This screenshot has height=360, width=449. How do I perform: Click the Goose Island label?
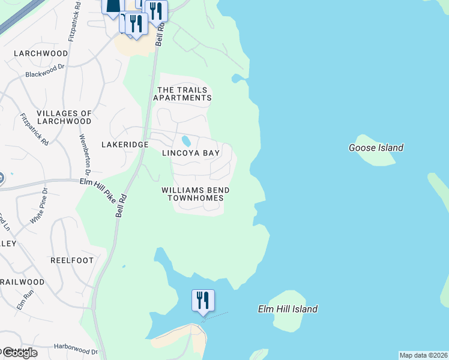376,148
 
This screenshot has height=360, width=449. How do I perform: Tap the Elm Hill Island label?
288,310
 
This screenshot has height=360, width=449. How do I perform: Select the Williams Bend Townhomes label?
196,194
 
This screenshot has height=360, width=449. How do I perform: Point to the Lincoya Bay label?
191,154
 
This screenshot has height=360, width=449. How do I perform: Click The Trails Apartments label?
184,94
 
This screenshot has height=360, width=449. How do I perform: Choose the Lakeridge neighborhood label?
125,145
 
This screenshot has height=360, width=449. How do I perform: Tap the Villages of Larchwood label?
64,117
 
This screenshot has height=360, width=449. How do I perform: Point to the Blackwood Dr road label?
44,71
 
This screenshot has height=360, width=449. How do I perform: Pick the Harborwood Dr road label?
75,349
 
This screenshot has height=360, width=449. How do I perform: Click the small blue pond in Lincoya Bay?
186,142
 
